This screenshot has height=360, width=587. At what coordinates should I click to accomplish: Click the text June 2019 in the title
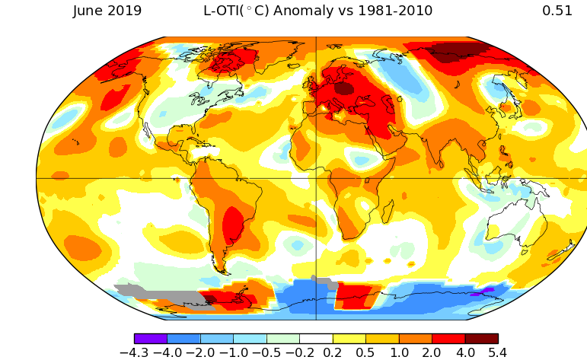pos(107,11)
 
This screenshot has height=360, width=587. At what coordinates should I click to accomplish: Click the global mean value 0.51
pos(557,11)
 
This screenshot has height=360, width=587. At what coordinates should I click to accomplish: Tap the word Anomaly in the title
pos(304,11)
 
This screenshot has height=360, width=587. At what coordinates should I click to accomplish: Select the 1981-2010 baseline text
pos(395,11)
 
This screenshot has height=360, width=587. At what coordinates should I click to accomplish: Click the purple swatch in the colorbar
pos(151,339)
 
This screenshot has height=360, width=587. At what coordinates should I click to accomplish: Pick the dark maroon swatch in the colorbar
pos(482,339)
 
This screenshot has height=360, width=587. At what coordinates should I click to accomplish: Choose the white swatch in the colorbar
pos(316,339)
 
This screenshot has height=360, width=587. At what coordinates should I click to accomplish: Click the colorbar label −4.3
pos(134,352)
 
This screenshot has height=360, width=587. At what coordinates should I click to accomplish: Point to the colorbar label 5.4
pos(497,352)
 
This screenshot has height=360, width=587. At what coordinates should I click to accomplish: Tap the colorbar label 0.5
pos(365,352)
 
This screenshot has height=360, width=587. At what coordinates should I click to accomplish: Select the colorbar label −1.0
pos(234,352)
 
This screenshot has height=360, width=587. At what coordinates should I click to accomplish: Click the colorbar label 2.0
pos(431,352)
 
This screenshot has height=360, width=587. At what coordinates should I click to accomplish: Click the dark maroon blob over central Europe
pos(343,89)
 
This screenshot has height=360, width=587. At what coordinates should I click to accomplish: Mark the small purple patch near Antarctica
pos(482,292)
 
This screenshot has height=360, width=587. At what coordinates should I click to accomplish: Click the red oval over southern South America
pos(233,225)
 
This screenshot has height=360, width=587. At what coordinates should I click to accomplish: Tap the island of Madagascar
pos(388,212)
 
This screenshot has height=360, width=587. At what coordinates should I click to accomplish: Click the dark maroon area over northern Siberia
pos(458,52)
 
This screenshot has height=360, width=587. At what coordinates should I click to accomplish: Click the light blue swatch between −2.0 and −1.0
pos(217,339)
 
